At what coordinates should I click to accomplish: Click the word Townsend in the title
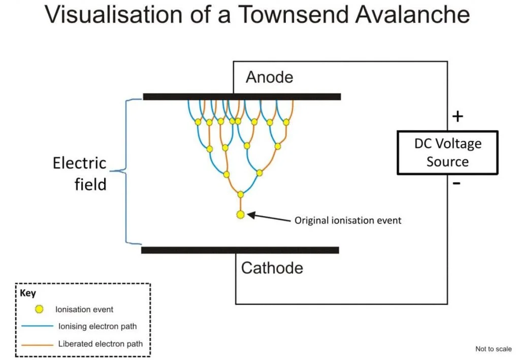[293, 14]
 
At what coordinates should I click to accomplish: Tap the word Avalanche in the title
[412, 14]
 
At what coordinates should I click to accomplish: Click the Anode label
[269, 77]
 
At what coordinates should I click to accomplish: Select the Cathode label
[272, 268]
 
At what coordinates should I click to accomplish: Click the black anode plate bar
[242, 96]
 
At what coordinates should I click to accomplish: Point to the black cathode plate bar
[240, 250]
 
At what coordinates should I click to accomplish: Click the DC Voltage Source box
[448, 152]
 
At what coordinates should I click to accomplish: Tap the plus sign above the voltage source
[458, 116]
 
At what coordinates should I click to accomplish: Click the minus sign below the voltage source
[457, 183]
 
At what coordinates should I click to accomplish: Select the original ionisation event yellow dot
[240, 215]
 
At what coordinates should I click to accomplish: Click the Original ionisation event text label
[348, 220]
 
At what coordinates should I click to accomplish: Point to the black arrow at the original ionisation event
[269, 218]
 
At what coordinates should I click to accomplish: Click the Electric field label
[80, 174]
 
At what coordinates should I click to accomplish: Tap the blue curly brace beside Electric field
[126, 171]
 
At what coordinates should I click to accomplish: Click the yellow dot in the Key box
[39, 309]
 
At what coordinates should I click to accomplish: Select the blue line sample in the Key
[37, 326]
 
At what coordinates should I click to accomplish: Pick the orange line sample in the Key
[37, 345]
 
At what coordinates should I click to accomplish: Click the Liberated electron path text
[101, 344]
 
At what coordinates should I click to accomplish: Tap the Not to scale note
[494, 349]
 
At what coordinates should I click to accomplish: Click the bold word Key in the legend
[28, 293]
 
